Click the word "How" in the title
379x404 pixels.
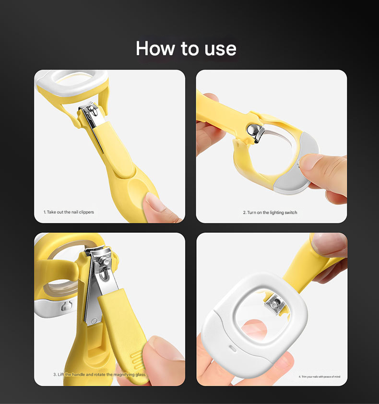[x=155, y=48]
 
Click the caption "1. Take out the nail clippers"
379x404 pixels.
[x=69, y=212]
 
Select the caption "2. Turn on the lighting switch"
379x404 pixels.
[x=270, y=213]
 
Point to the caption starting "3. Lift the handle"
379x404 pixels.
[x=100, y=374]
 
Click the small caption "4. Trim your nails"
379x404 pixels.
[x=320, y=377]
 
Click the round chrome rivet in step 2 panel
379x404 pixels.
[x=252, y=130]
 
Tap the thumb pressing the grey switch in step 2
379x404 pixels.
[x=322, y=170]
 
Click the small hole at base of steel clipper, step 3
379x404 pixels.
[x=94, y=321]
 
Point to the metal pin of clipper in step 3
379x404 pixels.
[x=105, y=262]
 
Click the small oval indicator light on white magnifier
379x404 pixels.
[x=232, y=348]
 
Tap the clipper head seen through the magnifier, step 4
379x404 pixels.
[x=274, y=304]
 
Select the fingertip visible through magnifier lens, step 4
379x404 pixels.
[x=255, y=330]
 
